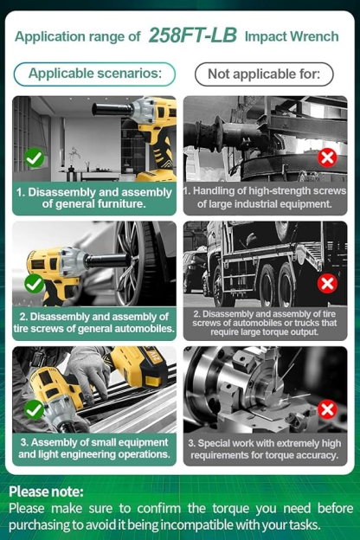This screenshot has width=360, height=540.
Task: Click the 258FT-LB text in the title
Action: [193, 35]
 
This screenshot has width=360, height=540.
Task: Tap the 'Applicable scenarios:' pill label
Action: [94, 74]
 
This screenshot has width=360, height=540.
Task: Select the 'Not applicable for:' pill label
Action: [264, 74]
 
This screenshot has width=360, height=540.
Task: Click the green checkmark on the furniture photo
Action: [34, 158]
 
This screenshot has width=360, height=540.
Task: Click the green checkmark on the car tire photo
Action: [34, 284]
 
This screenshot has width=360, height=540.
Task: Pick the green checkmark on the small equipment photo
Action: [34, 410]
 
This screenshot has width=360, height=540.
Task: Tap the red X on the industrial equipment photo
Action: [327, 158]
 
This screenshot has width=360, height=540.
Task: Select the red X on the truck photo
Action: [327, 284]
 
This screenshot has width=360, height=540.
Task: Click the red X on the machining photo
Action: [327, 410]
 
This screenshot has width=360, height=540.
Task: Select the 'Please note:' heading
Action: [46, 492]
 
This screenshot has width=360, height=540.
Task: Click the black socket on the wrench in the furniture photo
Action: [112, 110]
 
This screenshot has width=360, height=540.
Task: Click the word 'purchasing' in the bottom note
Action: [34, 525]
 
